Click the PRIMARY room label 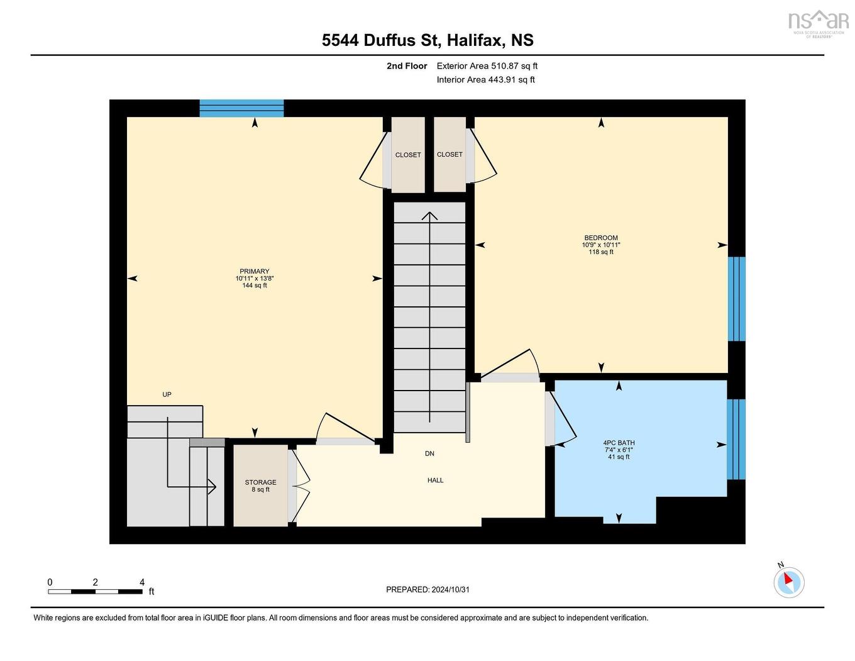254,272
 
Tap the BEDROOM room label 600,238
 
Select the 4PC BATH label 619,443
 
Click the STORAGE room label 260,482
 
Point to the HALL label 435,480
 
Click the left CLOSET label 408,155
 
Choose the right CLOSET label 450,154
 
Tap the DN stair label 429,453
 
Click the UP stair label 167,394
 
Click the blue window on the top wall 241,108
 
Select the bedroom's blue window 736,299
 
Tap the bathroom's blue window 736,439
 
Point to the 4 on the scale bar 142,582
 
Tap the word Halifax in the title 475,40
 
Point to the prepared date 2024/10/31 450,590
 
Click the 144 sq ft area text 255,286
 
